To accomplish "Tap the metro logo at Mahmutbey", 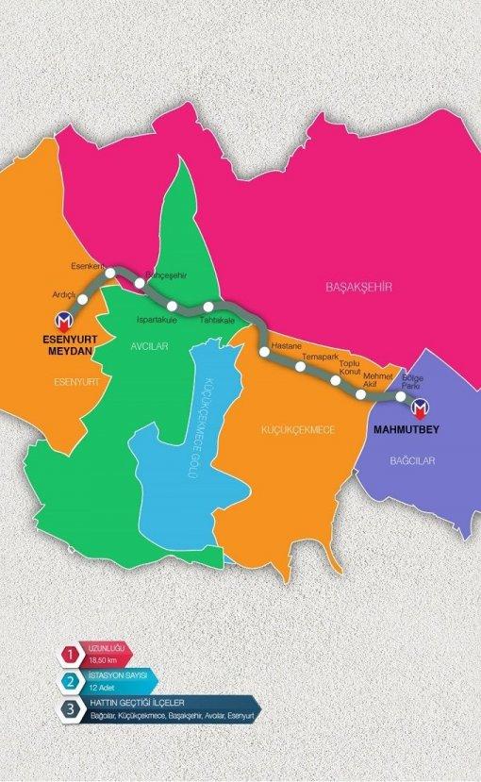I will click(x=420, y=405).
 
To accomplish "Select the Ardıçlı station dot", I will click(x=83, y=300).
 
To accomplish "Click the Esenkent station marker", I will click(x=110, y=274).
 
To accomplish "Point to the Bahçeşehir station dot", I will click(x=140, y=282).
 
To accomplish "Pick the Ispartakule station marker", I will click(x=172, y=306).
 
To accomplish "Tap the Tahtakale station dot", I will click(x=207, y=307).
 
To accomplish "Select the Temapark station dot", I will click(x=302, y=367).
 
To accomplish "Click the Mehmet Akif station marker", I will click(x=362, y=394).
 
